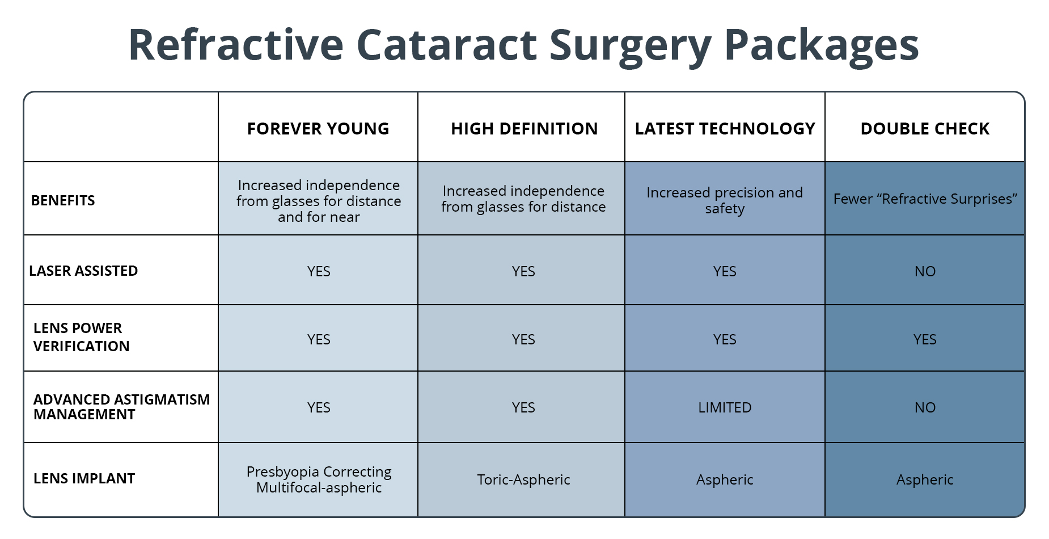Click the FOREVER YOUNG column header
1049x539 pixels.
point(318,129)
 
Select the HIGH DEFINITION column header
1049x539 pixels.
point(524,129)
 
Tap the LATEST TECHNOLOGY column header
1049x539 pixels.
point(725,129)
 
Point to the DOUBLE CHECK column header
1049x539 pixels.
point(925,129)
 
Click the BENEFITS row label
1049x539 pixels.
point(63,200)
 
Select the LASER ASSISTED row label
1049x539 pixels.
point(83,271)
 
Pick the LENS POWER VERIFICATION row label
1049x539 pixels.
point(82,337)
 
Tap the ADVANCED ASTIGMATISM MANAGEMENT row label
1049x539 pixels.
point(121,407)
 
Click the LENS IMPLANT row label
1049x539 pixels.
point(84,478)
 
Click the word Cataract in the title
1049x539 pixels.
point(446,45)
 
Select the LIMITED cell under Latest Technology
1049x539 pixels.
point(725,407)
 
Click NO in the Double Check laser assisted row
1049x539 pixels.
point(925,271)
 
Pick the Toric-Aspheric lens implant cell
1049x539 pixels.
point(523,479)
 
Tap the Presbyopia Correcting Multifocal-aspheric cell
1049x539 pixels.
point(319,479)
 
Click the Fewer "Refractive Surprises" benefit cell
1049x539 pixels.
point(925,199)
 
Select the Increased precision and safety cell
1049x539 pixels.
point(725,200)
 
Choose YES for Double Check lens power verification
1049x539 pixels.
point(925,339)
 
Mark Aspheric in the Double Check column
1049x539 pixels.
point(925,479)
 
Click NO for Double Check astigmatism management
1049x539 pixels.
point(925,407)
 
